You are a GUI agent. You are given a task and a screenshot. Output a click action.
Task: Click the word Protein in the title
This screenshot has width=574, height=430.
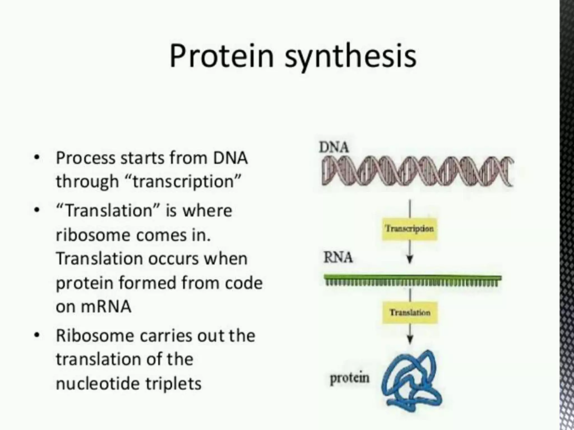point(221,56)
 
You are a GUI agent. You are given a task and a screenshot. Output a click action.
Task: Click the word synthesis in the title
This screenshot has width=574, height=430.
point(350,57)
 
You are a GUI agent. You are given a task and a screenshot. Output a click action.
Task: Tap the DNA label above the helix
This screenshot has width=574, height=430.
point(334,147)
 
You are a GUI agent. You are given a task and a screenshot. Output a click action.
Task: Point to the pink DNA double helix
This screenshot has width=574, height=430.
point(418,171)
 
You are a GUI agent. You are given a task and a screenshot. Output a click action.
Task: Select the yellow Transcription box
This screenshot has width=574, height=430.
point(409,229)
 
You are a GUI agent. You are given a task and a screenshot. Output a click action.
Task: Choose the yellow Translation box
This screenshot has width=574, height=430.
point(410,312)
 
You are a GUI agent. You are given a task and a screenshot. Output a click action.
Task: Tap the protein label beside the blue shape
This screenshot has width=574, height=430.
point(350,378)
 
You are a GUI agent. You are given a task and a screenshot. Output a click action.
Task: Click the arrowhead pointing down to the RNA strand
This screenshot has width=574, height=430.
point(410,259)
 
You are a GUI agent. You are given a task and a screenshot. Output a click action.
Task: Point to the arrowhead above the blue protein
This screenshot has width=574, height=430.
point(410,340)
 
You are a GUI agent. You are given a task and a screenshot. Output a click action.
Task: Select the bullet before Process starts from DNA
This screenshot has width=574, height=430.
point(36,157)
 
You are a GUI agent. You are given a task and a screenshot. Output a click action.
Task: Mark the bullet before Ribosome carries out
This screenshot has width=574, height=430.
point(36,335)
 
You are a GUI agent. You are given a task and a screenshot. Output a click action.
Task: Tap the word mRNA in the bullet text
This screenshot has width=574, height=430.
point(106,307)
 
